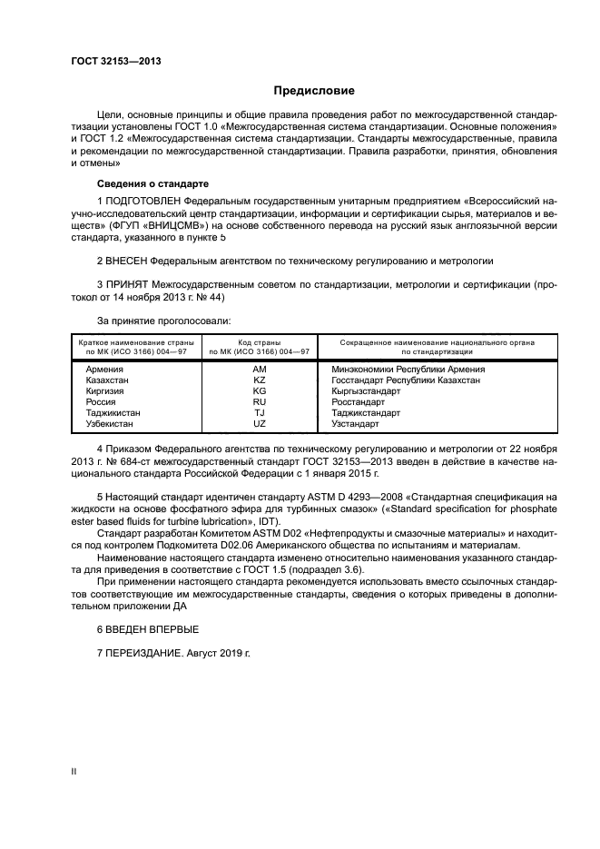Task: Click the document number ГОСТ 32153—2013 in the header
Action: point(109,62)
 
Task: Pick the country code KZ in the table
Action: point(259,380)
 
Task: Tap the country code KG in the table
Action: point(259,390)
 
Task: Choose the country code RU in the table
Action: point(259,401)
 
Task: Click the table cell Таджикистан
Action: point(112,412)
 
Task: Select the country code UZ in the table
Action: point(259,423)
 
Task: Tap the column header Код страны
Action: point(259,342)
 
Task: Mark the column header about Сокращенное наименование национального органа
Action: point(437,347)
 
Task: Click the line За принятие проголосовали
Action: point(163,320)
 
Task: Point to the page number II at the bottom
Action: point(74,771)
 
